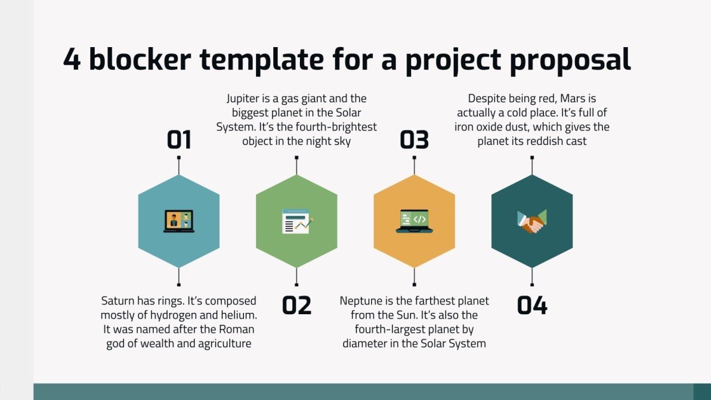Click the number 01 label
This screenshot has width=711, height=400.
[x=179, y=139]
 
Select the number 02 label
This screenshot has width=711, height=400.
[x=297, y=305]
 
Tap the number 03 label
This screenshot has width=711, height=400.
[x=414, y=139]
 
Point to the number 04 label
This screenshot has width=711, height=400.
[x=532, y=305]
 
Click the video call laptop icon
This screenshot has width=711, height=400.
[x=179, y=221]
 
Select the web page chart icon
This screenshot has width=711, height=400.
[x=297, y=221]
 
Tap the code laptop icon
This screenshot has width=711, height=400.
[x=414, y=221]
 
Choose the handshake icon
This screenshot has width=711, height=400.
[x=532, y=221]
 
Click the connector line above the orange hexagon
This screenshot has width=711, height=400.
[x=414, y=166]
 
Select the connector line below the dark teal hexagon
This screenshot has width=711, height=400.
[x=532, y=277]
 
